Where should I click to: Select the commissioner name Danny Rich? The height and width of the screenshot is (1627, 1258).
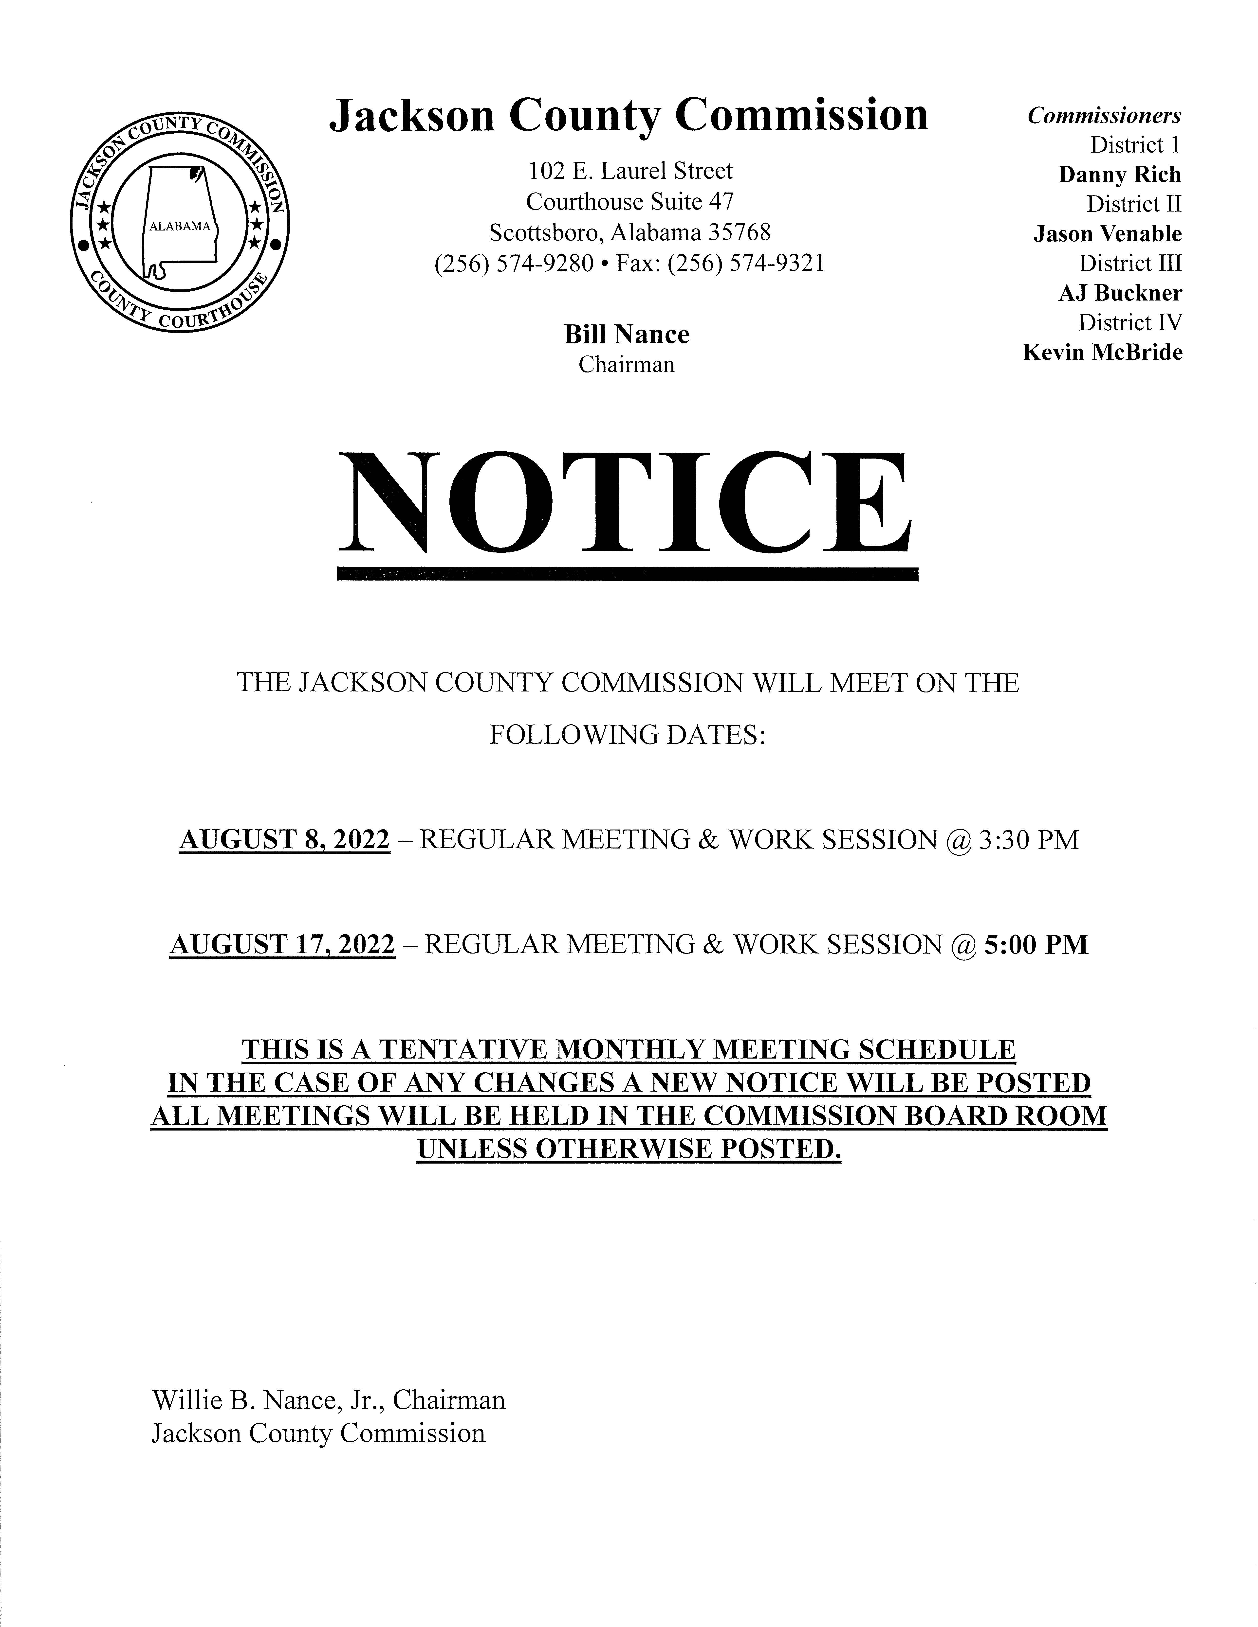(1119, 175)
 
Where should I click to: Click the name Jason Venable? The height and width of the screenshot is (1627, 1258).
(1108, 234)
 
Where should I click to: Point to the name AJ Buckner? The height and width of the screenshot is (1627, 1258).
(1120, 293)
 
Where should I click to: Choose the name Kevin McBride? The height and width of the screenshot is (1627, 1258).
(1102, 352)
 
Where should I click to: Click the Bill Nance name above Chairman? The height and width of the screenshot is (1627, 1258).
(626, 335)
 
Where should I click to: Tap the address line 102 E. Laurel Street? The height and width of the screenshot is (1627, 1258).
(630, 171)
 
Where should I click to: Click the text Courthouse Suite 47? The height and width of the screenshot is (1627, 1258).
(630, 202)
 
